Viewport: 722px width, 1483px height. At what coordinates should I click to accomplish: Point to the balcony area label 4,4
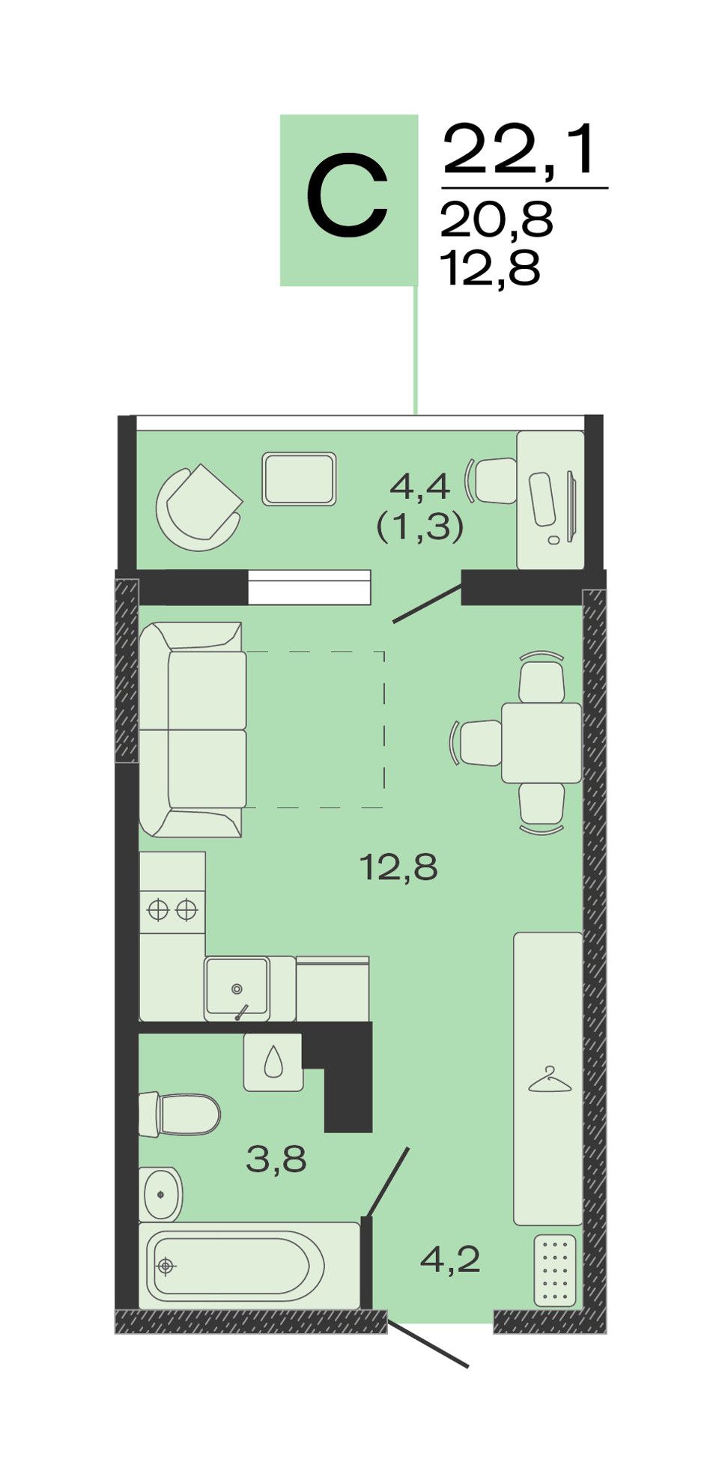point(420,487)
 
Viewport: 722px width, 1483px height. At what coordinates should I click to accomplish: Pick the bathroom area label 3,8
point(276,1160)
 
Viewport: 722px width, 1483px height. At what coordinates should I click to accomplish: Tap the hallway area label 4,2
point(450,1261)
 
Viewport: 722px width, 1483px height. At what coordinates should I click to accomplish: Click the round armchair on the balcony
point(198,507)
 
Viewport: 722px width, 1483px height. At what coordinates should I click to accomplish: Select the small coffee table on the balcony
point(299,479)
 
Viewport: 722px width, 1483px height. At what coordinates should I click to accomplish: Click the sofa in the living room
point(192,730)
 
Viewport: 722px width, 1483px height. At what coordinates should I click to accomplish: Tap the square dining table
point(541,743)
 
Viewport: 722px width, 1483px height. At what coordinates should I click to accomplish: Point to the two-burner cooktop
point(172,910)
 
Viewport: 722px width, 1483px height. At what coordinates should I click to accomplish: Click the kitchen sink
point(237,988)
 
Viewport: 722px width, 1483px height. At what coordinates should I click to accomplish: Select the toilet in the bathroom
point(180,1114)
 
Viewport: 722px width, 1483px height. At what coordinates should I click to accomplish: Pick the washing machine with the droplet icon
point(273,1063)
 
